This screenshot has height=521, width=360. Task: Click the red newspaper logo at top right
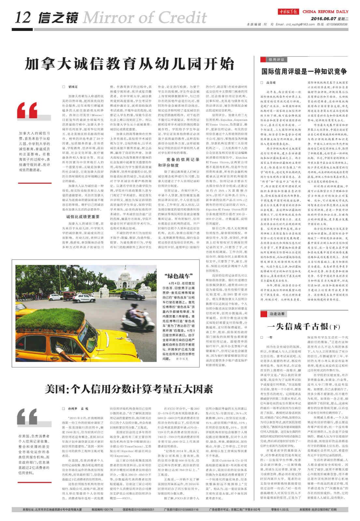pos(288,12)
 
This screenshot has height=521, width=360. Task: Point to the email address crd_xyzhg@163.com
pos(300,24)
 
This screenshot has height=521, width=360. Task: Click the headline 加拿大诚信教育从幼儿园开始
pos(130,64)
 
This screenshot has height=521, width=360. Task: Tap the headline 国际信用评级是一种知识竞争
pos(304,71)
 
